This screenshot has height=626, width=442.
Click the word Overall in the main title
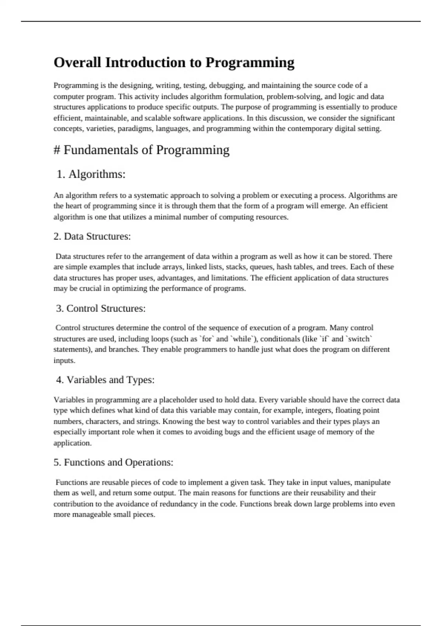tap(77, 63)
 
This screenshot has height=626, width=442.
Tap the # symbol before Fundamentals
tap(57, 150)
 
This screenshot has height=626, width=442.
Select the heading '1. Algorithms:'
tap(91, 174)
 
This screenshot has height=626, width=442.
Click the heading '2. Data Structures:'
tap(92, 236)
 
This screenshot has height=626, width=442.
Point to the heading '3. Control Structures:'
tap(101, 309)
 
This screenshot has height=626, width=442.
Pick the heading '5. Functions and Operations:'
tap(113, 463)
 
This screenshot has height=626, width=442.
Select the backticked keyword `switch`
tap(359, 339)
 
